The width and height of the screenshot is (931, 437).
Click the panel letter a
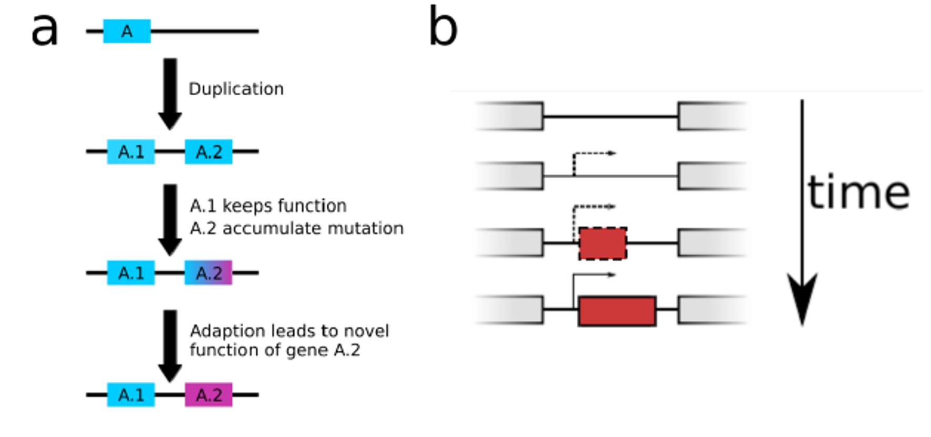pos(45,29)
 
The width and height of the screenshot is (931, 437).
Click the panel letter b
pos(443,27)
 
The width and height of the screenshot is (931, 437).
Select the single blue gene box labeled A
pos(127,32)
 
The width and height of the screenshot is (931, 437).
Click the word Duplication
pos(236,89)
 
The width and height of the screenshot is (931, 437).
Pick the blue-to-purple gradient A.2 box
pos(208,273)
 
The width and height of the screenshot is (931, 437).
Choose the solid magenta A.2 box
pos(208,395)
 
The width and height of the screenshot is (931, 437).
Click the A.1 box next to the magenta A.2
pos(131,395)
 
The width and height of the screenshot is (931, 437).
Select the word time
pos(858,193)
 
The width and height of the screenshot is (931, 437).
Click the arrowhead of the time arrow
pos(802,300)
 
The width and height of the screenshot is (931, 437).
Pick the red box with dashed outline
pos(603,243)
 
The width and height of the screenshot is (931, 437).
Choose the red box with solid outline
pos(617,311)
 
